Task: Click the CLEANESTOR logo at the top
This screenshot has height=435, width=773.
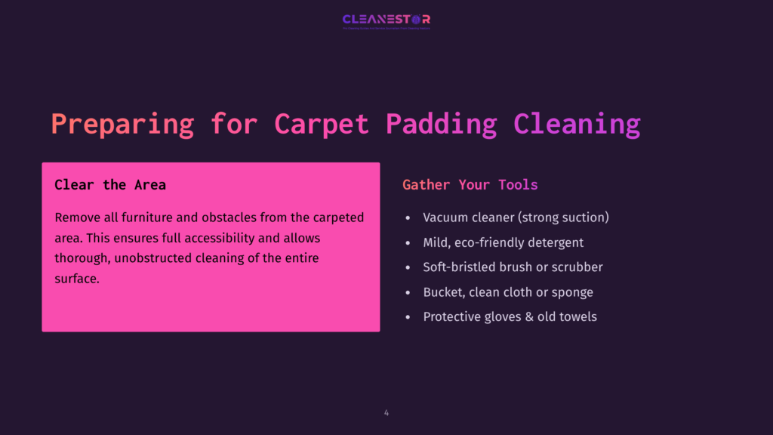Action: (x=386, y=20)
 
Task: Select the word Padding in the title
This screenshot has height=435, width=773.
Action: (x=442, y=124)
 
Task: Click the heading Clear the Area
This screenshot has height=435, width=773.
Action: (x=110, y=185)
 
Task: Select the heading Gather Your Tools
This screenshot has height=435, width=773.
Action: (x=470, y=185)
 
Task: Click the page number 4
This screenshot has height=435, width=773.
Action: (x=386, y=413)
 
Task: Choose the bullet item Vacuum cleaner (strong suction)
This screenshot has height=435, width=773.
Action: (x=516, y=217)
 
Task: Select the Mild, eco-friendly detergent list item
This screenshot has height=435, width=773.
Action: (x=503, y=242)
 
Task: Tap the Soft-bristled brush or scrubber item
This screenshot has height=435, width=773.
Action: (x=513, y=267)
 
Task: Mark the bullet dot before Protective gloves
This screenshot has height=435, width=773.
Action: (x=408, y=317)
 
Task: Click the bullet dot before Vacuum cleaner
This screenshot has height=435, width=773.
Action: (x=408, y=217)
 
